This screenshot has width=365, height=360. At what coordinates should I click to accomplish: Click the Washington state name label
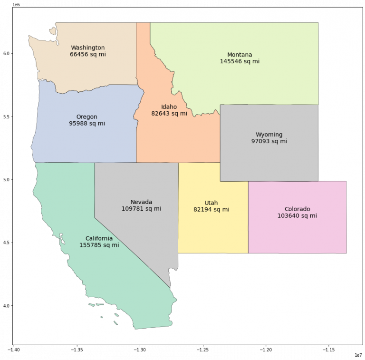click(x=87, y=48)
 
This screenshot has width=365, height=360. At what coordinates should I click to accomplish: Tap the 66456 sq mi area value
click(x=87, y=55)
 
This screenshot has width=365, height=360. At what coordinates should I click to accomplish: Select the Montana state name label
click(x=240, y=55)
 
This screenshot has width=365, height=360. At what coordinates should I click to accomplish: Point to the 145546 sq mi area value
click(x=240, y=61)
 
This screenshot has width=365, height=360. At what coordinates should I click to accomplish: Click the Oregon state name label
click(x=86, y=117)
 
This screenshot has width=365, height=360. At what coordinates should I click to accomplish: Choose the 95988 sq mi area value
click(x=86, y=124)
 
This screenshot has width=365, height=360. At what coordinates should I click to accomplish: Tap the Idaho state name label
click(x=169, y=107)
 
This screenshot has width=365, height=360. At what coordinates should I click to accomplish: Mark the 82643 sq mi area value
click(x=169, y=114)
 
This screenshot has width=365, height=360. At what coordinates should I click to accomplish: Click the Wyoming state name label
click(x=269, y=135)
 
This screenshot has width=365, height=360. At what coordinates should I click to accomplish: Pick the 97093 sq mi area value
click(x=269, y=141)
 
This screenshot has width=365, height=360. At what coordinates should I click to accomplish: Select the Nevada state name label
click(x=141, y=202)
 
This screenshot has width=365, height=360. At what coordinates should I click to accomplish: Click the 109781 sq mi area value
click(x=141, y=209)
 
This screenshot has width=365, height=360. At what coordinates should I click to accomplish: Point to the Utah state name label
click(x=211, y=203)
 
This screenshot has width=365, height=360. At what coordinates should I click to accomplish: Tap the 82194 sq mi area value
click(x=211, y=209)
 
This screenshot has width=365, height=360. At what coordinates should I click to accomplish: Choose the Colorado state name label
click(x=297, y=209)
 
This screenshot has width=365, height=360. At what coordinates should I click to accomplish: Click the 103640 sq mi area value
click(x=297, y=216)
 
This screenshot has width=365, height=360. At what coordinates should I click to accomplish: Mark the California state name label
click(x=99, y=238)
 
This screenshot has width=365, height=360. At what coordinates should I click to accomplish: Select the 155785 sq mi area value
click(x=99, y=245)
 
